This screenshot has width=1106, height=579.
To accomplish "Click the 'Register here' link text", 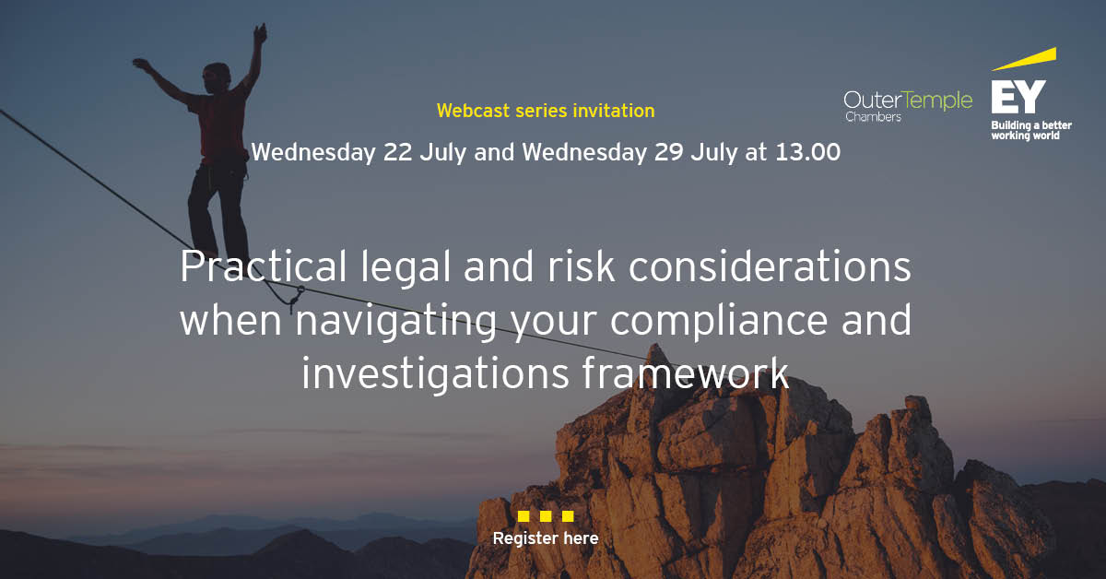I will point(546,538).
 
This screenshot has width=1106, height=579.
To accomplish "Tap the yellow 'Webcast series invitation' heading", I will point(546,111).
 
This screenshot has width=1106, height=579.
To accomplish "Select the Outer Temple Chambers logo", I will point(908,104).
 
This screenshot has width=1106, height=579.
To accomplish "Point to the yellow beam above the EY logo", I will point(1025,60).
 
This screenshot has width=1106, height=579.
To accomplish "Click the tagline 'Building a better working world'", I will point(1026,130).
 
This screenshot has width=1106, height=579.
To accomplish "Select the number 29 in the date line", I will point(669,152).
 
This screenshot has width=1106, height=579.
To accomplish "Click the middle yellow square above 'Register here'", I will point(546,516).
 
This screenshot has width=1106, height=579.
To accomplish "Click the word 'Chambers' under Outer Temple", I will point(874,118).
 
